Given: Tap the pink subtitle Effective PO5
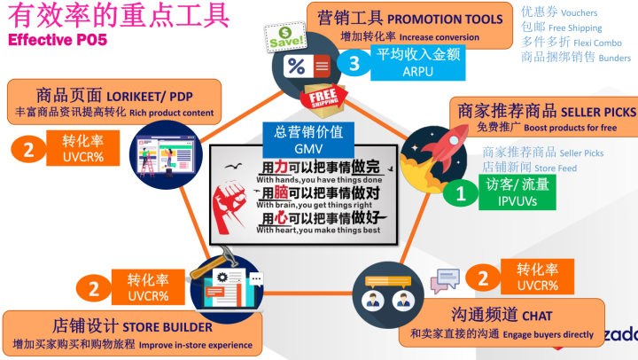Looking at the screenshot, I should click(58, 40).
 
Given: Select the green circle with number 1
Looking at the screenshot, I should click(459, 192).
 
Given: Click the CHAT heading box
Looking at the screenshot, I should click(502, 323).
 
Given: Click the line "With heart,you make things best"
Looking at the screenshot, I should click(317, 231).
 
